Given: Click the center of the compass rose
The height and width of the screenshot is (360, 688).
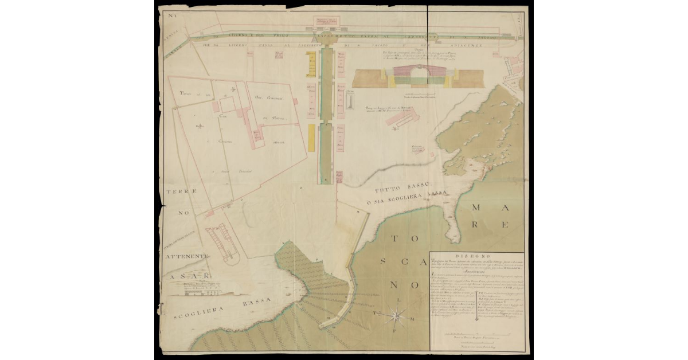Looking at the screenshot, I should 396,314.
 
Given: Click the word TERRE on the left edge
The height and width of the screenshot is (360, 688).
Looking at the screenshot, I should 179,191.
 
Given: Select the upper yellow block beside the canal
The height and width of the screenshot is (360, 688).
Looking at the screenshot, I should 311,62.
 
